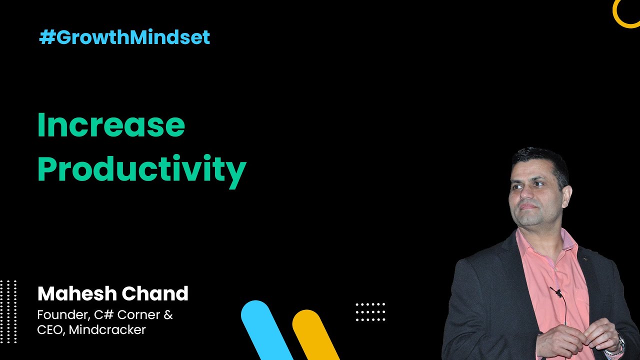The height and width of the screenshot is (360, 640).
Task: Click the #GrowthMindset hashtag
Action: coord(124,37)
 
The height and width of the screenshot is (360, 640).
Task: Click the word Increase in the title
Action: coord(111,125)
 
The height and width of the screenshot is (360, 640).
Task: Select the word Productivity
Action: coord(142,171)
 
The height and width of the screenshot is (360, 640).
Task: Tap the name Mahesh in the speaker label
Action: coord(77,293)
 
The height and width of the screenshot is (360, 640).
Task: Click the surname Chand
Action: coord(155,293)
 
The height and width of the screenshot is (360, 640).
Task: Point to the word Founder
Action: coord(63,315)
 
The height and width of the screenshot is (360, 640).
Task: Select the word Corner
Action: coord(138,315)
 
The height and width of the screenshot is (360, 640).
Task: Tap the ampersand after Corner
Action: coord(168,315)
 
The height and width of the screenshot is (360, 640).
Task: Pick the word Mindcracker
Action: coord(107,329)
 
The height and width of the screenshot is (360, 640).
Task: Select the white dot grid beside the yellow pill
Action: coord(370,312)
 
